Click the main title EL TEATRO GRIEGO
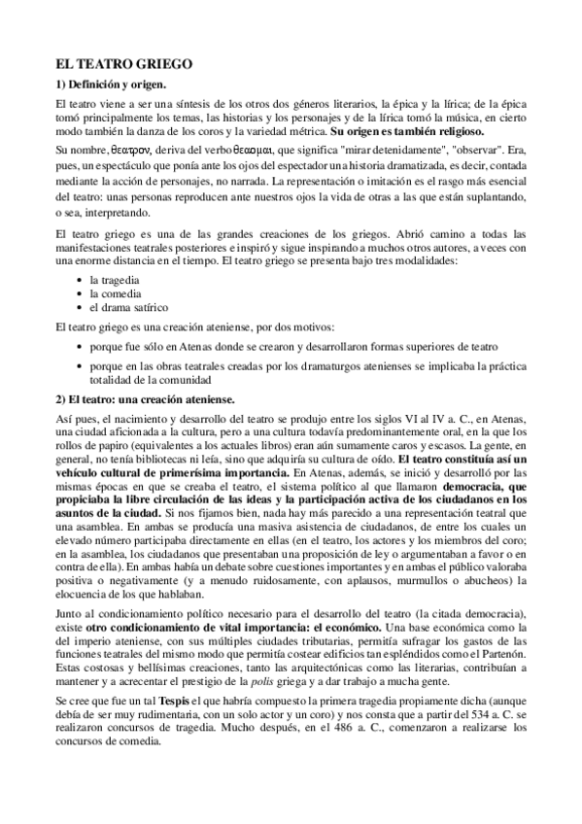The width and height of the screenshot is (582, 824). tap(125, 62)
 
